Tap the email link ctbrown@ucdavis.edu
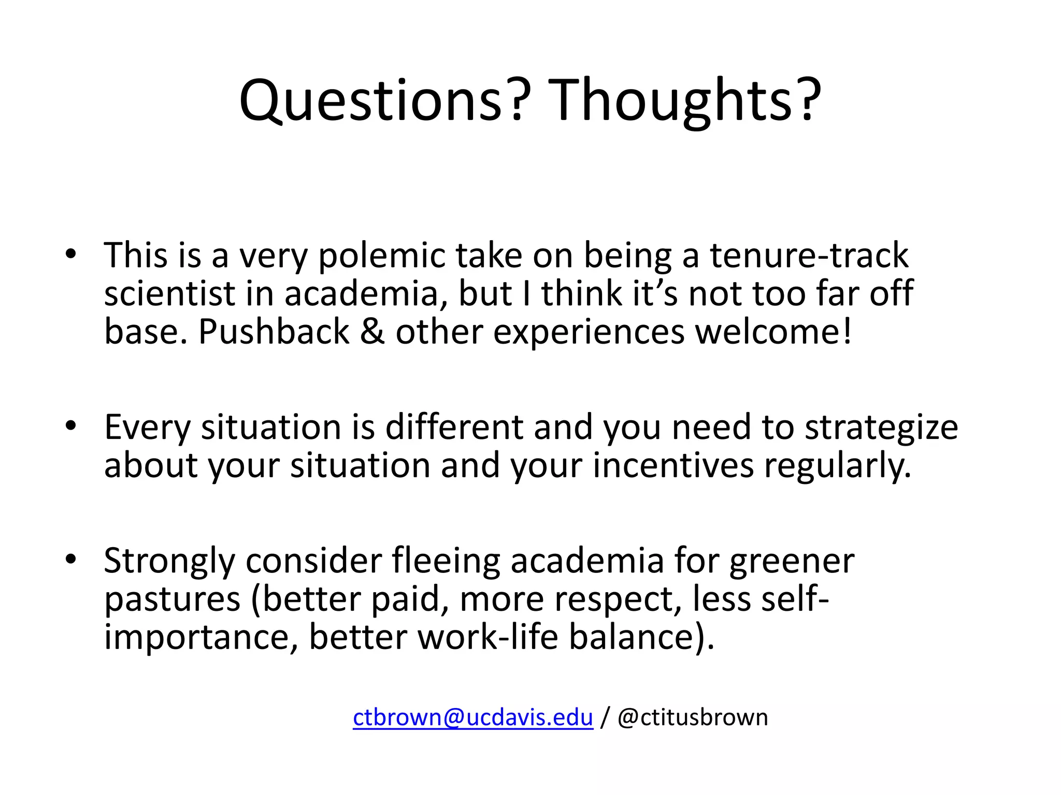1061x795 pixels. [x=472, y=718]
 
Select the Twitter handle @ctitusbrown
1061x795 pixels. [x=693, y=718]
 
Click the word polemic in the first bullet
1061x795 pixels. [x=381, y=256]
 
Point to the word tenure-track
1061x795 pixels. [x=809, y=256]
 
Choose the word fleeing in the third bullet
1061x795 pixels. [x=446, y=561]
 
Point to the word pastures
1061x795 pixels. [x=173, y=599]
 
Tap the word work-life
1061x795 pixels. [x=488, y=637]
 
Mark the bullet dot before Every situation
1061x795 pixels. [x=71, y=425]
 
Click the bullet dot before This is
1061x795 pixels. [x=71, y=254]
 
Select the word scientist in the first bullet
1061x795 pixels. [x=169, y=294]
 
